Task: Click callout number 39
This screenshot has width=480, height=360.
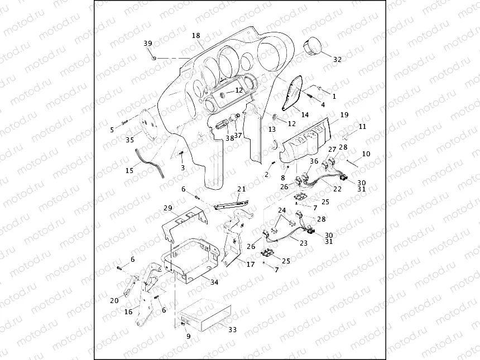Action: (147, 44)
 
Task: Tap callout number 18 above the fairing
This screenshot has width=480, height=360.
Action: (196, 36)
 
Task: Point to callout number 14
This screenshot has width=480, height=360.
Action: (305, 115)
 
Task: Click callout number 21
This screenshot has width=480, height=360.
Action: (241, 189)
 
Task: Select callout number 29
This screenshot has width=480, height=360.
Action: (168, 208)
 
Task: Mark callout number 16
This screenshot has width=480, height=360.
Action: (128, 312)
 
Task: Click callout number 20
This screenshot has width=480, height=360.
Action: (114, 301)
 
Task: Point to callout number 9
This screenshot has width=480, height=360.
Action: (188, 337)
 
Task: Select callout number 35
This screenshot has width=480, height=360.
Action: (129, 140)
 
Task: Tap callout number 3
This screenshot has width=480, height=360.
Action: (182, 167)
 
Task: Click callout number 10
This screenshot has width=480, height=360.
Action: (366, 153)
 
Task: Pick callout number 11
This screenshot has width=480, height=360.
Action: (362, 127)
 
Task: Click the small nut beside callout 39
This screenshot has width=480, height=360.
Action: (153, 57)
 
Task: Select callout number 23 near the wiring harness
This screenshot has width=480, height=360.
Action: (304, 243)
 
